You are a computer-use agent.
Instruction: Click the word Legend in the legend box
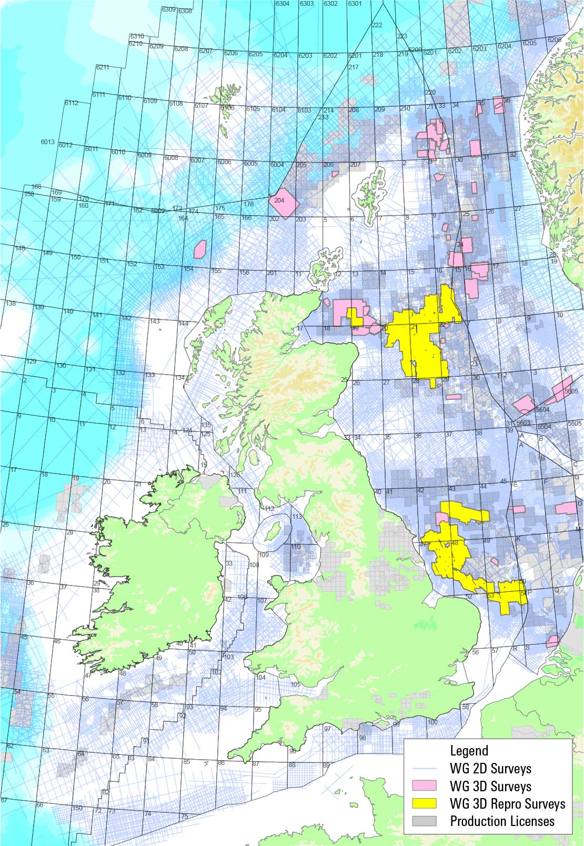click(x=469, y=751)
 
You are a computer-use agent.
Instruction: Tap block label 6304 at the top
click(x=283, y=4)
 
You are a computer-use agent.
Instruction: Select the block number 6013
click(x=47, y=142)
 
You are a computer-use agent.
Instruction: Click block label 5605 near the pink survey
click(x=571, y=391)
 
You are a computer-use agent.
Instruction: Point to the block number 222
click(x=377, y=25)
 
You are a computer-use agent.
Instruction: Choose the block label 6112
click(x=72, y=103)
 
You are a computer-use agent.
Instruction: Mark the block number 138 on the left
click(x=10, y=304)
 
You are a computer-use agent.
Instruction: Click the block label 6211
click(x=102, y=67)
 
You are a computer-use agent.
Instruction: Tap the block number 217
click(x=354, y=67)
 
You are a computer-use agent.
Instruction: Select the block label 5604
click(x=542, y=409)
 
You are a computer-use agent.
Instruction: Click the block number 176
click(x=248, y=204)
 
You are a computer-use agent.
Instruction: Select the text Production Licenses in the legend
click(x=502, y=821)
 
